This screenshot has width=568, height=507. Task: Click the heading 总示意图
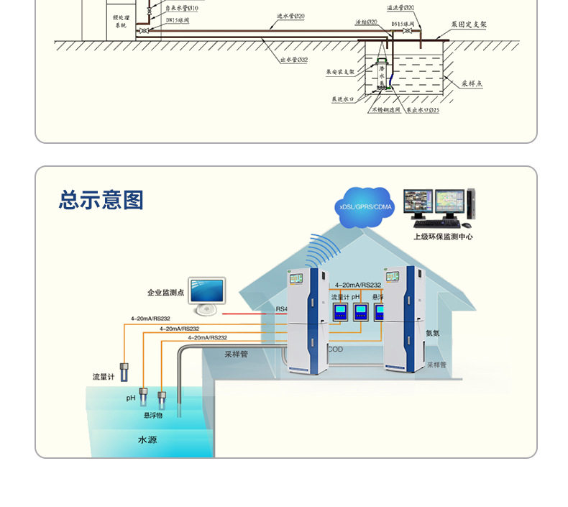[101, 200]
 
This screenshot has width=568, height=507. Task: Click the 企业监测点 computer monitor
[206, 293]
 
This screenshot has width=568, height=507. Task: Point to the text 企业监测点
[166, 293]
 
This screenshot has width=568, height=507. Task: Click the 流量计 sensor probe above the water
[124, 372]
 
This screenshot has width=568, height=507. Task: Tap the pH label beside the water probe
[131, 398]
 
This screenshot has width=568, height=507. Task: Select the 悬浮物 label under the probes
[153, 415]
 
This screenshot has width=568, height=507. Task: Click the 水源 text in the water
[147, 439]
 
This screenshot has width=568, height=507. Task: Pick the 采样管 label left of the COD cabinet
[236, 354]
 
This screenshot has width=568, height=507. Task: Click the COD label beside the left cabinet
[336, 350]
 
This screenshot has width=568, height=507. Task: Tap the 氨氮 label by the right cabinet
[432, 333]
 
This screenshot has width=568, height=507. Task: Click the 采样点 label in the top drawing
[472, 83]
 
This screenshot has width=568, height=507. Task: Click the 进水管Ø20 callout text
[290, 16]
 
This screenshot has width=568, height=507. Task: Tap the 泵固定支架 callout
[469, 24]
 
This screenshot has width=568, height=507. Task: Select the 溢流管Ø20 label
[400, 7]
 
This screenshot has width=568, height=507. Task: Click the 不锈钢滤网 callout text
[385, 110]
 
